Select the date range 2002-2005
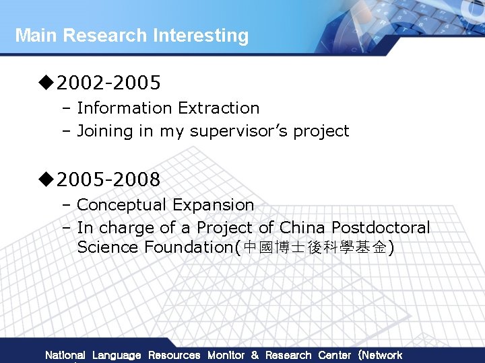tap(108, 83)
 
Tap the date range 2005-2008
tap(108, 179)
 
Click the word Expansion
tap(214, 204)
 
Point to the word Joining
tap(105, 131)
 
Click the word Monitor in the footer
tap(226, 355)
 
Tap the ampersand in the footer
tap(255, 355)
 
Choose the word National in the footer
tap(65, 355)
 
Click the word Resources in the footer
tap(174, 355)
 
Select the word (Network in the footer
tap(380, 355)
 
